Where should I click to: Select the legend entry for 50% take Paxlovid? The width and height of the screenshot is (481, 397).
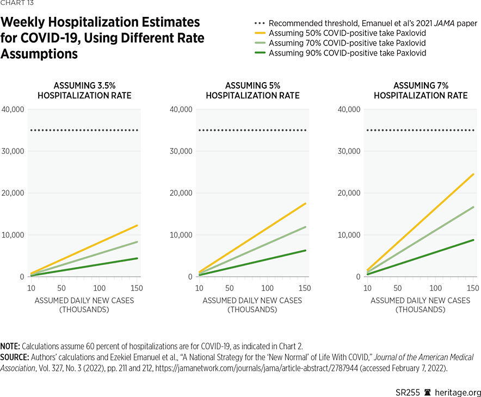point(347,33)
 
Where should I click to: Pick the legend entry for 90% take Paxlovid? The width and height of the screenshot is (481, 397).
point(347,53)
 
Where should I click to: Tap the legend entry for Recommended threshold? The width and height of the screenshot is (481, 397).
point(373,23)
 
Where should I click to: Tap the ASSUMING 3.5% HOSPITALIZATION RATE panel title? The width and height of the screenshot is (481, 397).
point(84,91)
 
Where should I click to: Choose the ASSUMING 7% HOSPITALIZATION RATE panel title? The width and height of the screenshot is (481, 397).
point(421,91)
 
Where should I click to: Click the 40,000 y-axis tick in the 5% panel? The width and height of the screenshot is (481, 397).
point(181,109)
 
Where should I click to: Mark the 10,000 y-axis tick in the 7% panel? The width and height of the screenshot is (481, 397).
point(349,235)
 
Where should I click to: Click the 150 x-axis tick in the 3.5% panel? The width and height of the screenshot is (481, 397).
point(137,287)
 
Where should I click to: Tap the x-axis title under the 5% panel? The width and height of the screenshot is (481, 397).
point(252,305)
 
